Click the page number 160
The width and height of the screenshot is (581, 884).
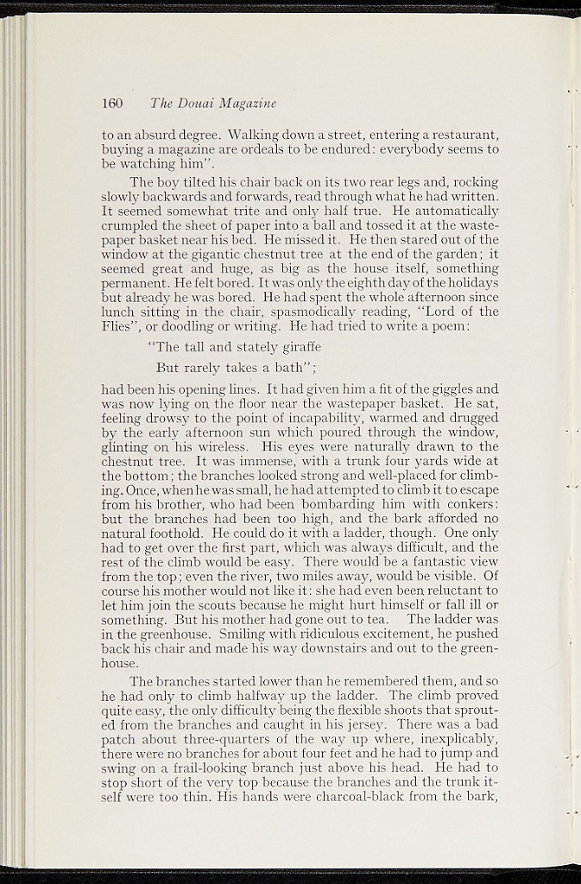[x=113, y=104]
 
